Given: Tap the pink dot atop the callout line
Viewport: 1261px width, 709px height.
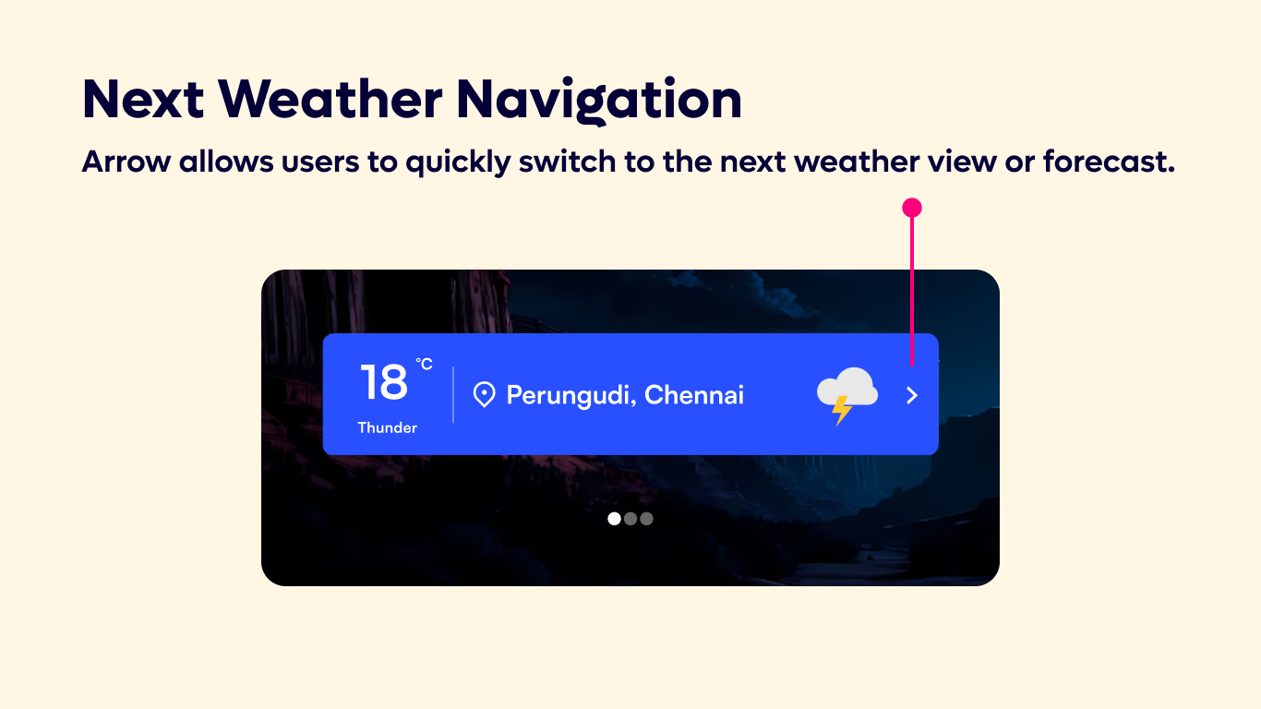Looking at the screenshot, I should pos(912,208).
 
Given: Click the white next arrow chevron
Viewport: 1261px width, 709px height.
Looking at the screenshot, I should pos(912,396).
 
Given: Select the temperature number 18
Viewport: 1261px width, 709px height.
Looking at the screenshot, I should pos(383,382).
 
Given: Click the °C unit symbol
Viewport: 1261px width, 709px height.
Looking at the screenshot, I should pos(424,365).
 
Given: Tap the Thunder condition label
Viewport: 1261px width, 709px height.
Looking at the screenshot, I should pos(388,427).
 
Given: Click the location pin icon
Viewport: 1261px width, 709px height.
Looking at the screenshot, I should pos(484,395).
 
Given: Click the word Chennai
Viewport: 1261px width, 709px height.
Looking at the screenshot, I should pos(694,395).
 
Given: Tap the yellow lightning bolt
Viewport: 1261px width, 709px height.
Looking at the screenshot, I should pos(841,409).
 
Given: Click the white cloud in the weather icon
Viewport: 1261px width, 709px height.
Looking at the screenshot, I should pos(849,386).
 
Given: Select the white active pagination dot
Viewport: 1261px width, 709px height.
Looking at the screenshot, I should pos(615,519).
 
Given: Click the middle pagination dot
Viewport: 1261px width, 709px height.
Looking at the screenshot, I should pos(630,519).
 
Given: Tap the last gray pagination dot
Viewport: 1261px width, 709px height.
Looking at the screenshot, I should pos(646,519).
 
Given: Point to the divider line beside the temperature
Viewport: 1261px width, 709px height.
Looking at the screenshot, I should pos(453,395).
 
